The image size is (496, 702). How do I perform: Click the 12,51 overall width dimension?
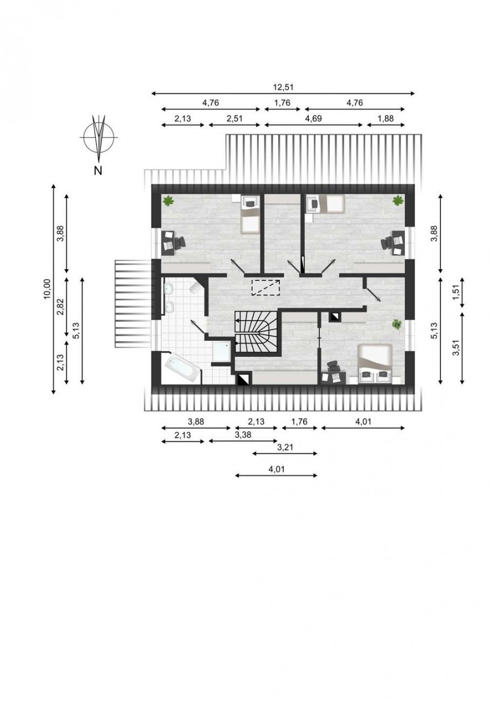pos(283,87)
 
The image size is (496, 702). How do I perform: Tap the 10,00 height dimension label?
pos(47,288)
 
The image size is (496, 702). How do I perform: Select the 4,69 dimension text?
pos(313,118)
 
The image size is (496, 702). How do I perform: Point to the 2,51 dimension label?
pos(235,118)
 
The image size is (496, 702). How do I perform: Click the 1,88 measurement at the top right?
pos(385,118)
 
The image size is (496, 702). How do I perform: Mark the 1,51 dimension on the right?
pos(457,292)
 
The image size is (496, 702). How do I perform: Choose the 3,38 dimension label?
pos(243,435)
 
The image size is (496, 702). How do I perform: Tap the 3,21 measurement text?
pos(285,447)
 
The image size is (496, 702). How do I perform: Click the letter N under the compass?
pos(98,170)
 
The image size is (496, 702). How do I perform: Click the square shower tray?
pos(222,351)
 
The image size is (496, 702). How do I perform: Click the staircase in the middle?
pos(256,332)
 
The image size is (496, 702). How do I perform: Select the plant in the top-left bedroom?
pos(169,200)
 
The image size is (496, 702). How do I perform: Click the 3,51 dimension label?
pos(457,348)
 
